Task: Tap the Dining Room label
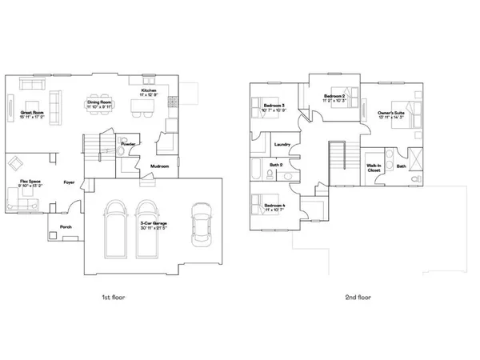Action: pos(99,104)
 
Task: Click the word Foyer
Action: pos(69,182)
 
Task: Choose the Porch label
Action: pos(66,226)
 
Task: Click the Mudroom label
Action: pos(159,166)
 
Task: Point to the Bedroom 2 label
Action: pos(334,98)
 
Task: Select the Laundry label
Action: pos(281,145)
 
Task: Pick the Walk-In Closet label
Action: pos(374,169)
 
